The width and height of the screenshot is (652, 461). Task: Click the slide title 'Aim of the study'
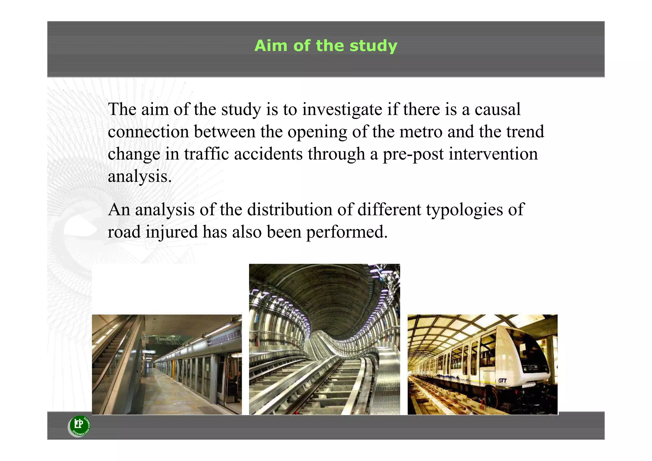(326, 46)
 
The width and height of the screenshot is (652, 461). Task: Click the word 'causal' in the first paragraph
(498, 109)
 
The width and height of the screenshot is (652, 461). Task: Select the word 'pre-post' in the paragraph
(413, 154)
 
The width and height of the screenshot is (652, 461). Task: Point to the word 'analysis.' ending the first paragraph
(140, 176)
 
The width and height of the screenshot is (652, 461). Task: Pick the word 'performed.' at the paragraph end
(347, 232)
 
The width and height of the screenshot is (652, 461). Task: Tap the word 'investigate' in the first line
(342, 109)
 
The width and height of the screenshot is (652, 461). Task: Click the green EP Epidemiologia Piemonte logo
(80, 426)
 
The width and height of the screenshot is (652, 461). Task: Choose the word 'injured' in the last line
(172, 232)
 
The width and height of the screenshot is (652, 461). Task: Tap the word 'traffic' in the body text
(206, 154)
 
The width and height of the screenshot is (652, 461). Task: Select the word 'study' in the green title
(373, 46)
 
